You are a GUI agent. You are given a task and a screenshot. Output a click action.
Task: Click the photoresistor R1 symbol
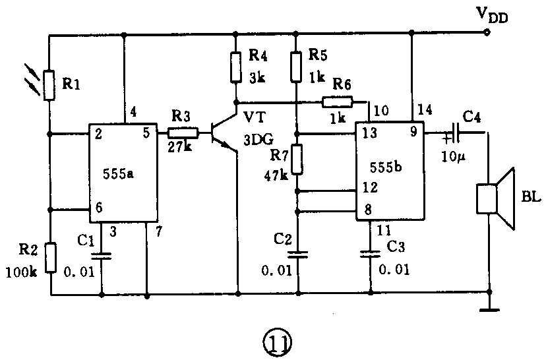point(50,84)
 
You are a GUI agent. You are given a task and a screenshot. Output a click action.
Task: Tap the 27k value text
point(180,146)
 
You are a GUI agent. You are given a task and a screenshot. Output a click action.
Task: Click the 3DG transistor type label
point(258,140)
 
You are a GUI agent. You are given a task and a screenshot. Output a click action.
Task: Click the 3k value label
point(257,77)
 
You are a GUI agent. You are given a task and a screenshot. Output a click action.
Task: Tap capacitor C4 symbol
point(454,133)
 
